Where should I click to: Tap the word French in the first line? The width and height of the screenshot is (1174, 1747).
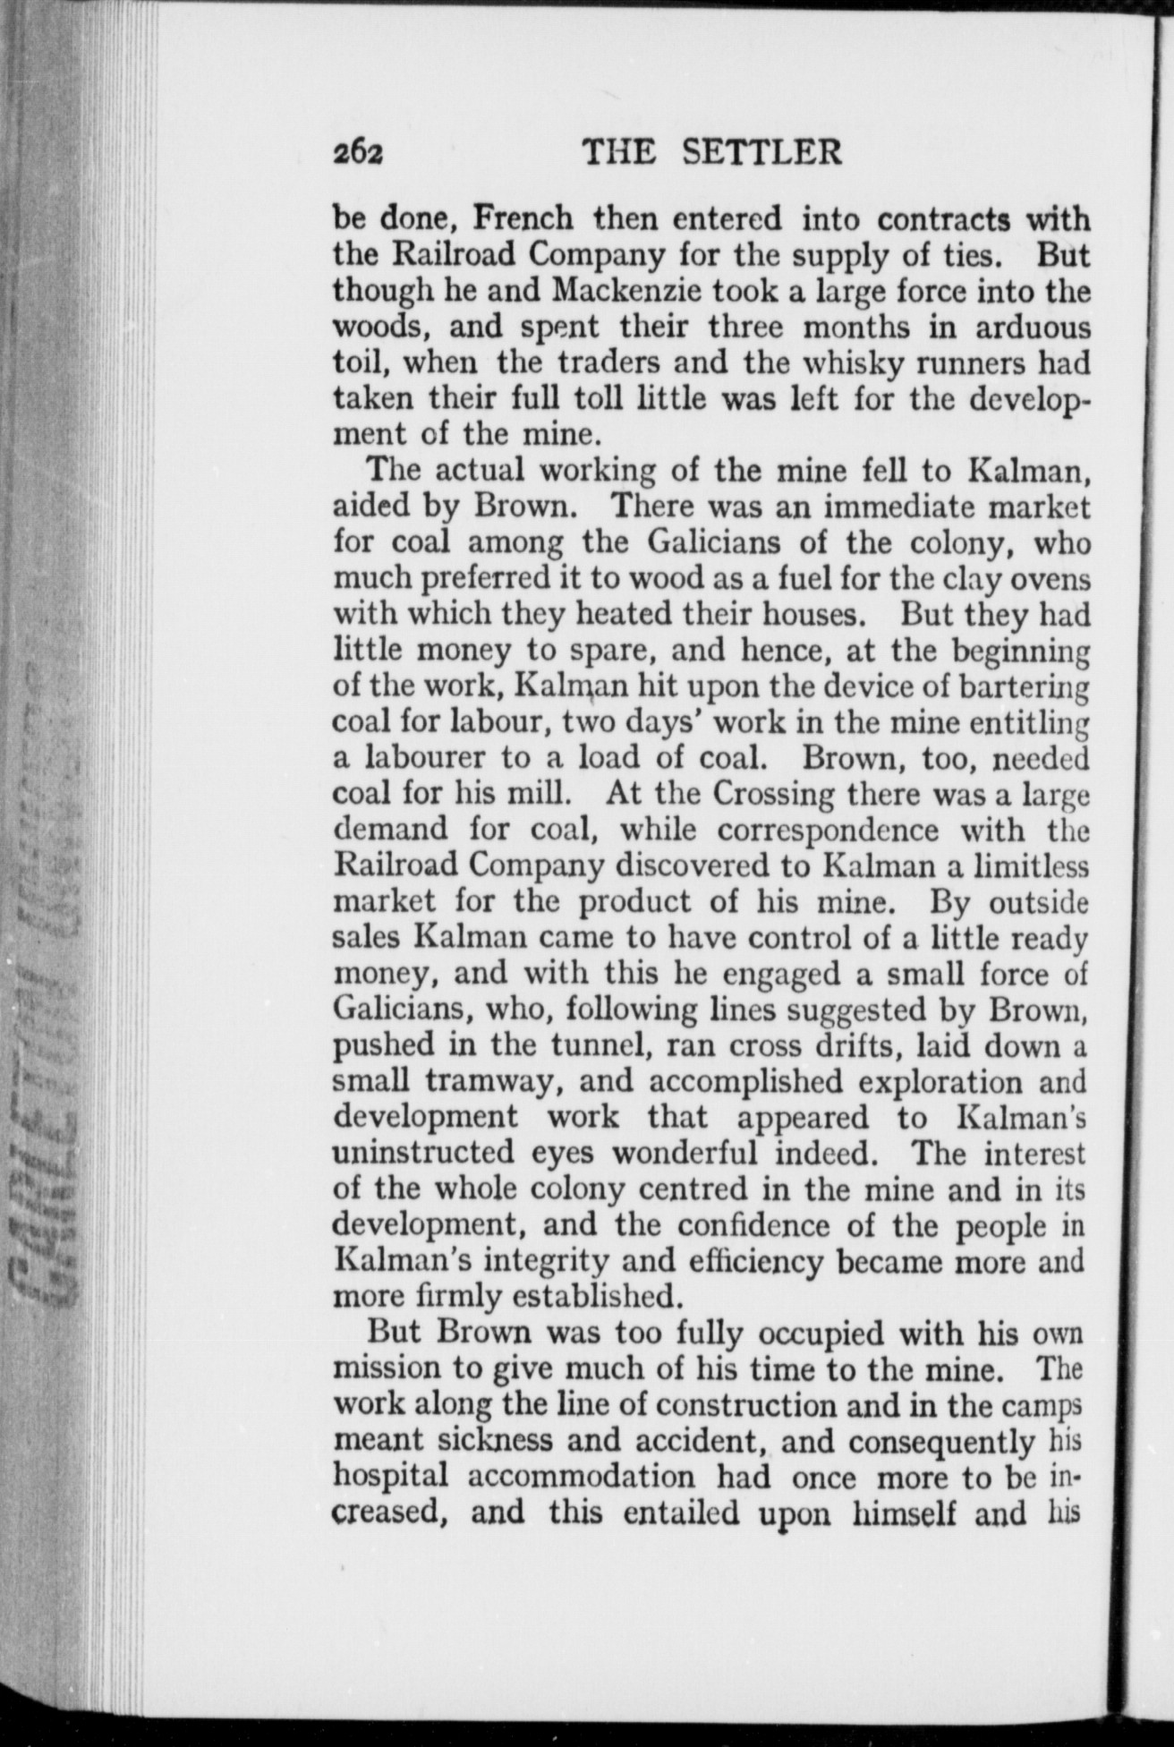[x=523, y=218]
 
